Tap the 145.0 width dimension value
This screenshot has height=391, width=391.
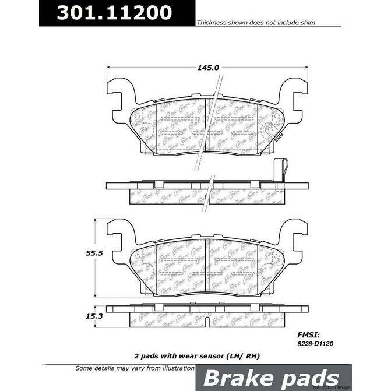[208, 67]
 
